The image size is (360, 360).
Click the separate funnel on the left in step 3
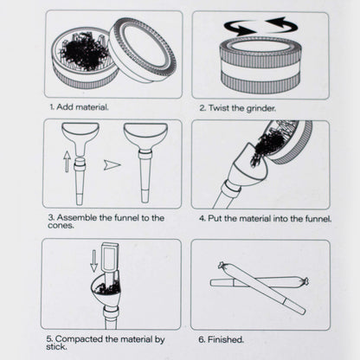pyautogui.click(x=80, y=138)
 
